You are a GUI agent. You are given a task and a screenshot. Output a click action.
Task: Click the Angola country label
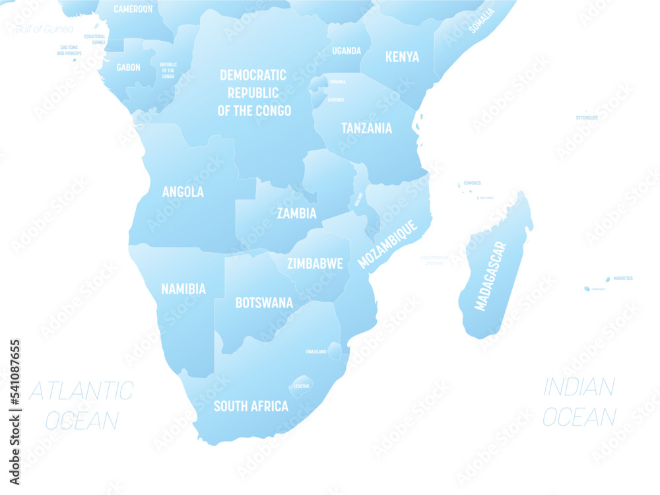click(x=183, y=192)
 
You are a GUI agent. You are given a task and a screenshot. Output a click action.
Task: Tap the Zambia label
click(x=296, y=213)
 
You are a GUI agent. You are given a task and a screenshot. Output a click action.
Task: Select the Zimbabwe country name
click(x=315, y=263)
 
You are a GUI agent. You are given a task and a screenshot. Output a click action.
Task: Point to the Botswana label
click(x=264, y=303)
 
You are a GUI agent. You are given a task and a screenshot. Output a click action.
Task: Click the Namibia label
click(x=183, y=288)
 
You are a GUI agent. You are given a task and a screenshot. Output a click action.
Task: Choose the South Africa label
click(x=251, y=406)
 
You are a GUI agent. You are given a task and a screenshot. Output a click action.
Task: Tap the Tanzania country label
click(x=366, y=128)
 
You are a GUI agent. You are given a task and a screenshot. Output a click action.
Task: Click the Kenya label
click(x=402, y=57)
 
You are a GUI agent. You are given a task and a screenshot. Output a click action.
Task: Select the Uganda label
click(x=346, y=51)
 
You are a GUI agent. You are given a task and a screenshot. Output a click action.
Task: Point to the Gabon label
click(x=128, y=67)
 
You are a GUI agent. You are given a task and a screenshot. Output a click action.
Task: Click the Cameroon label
click(x=133, y=9)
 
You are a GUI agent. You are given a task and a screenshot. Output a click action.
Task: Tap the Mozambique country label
click(x=388, y=244)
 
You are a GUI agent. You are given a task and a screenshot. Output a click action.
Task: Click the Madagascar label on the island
click(x=491, y=276)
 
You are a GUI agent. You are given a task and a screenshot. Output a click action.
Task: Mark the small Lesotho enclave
click(x=302, y=385)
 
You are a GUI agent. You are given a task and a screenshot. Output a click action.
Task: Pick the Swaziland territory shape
click(x=335, y=350)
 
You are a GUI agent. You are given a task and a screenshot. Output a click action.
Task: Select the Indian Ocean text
click(x=579, y=401)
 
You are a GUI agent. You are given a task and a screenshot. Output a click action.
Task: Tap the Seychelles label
click(x=586, y=117)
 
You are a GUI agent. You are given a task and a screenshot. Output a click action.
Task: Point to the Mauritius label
click(x=622, y=279)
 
